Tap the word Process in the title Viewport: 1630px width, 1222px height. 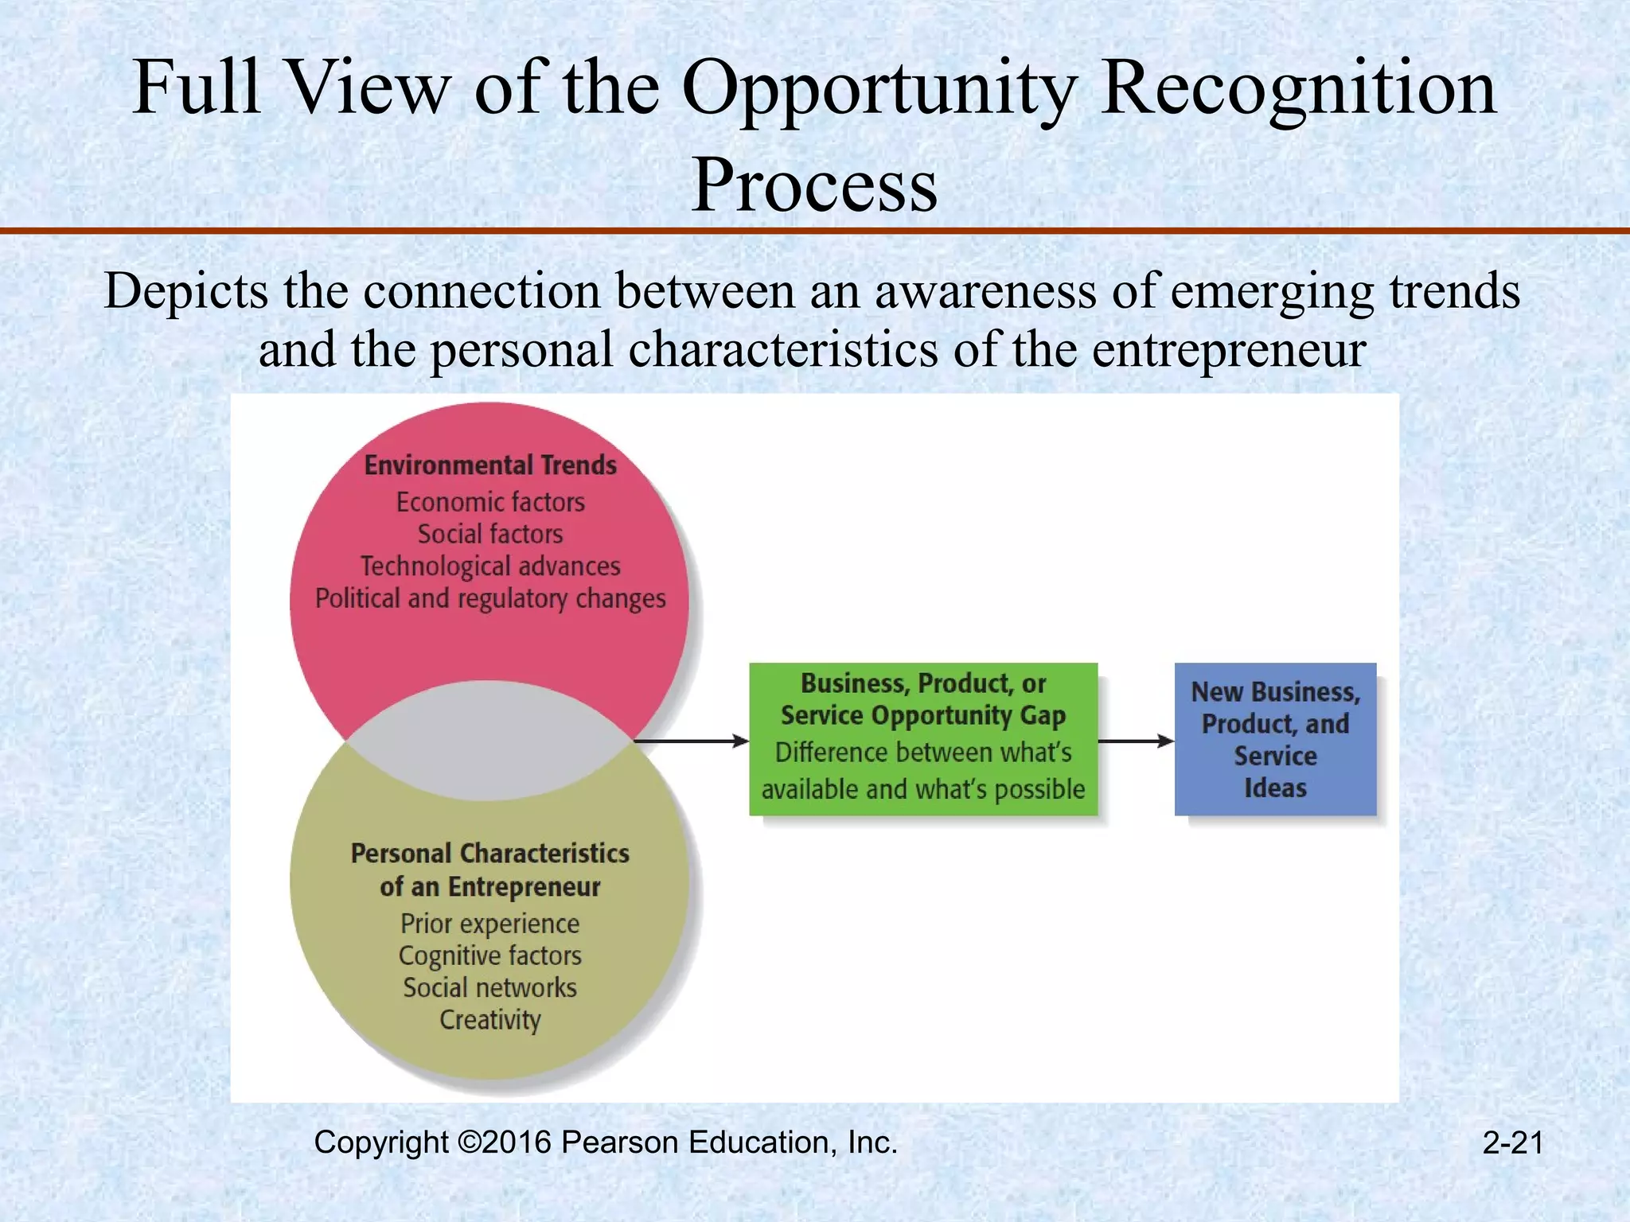pos(814,185)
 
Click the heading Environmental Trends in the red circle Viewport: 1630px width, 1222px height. pos(490,465)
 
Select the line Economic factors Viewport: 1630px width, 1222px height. pos(490,503)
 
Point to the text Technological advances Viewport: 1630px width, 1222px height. pos(490,566)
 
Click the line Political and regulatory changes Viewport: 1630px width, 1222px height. pos(490,598)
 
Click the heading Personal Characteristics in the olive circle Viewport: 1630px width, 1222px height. pos(490,854)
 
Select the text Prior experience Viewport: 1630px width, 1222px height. pos(490,924)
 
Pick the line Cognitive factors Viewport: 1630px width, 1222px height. pos(490,955)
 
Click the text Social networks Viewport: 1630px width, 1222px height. pos(490,988)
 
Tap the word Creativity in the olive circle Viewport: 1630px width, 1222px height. pos(490,1020)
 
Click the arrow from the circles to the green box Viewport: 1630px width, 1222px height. pos(691,741)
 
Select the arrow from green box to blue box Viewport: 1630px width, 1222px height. pos(1136,741)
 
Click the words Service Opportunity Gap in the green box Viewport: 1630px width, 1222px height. pos(923,715)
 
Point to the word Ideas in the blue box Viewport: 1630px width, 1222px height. pos(1275,788)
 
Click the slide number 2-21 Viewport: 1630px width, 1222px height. pos(1512,1143)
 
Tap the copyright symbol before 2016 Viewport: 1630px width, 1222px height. pos(470,1142)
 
